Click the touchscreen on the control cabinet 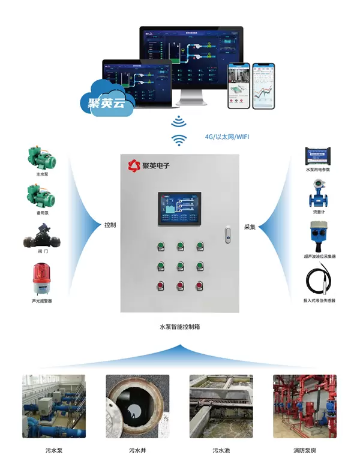coord(179,209)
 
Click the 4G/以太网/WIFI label coord(227,137)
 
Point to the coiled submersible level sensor coord(317,279)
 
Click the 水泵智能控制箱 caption coord(179,327)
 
